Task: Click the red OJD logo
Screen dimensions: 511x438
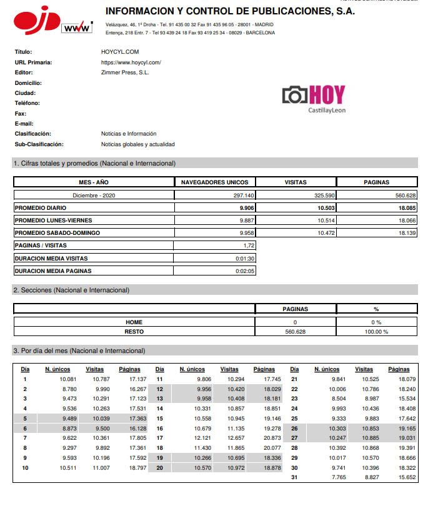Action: pyautogui.click(x=36, y=22)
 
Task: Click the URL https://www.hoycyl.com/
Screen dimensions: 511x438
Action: pyautogui.click(x=131, y=62)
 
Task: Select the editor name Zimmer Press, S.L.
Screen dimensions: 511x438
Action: pyautogui.click(x=125, y=72)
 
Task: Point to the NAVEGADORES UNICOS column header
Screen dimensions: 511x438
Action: pyautogui.click(x=214, y=182)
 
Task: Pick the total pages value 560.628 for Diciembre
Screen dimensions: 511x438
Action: pyautogui.click(x=406, y=195)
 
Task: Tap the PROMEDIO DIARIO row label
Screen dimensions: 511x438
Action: pyautogui.click(x=39, y=208)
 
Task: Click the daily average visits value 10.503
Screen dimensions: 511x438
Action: pyautogui.click(x=326, y=208)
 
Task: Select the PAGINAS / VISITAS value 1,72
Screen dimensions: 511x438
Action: pyautogui.click(x=249, y=246)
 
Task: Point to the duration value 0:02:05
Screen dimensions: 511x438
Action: pyautogui.click(x=245, y=271)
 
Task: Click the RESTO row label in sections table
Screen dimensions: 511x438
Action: pyautogui.click(x=134, y=331)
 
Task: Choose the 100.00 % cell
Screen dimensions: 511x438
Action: pyautogui.click(x=376, y=331)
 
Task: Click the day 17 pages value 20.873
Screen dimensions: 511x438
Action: pyautogui.click(x=272, y=438)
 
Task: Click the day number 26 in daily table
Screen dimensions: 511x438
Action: pyautogui.click(x=294, y=429)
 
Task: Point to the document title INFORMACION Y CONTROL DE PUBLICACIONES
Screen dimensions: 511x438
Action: pyautogui.click(x=230, y=11)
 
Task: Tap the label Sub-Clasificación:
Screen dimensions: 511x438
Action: pyautogui.click(x=39, y=144)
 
